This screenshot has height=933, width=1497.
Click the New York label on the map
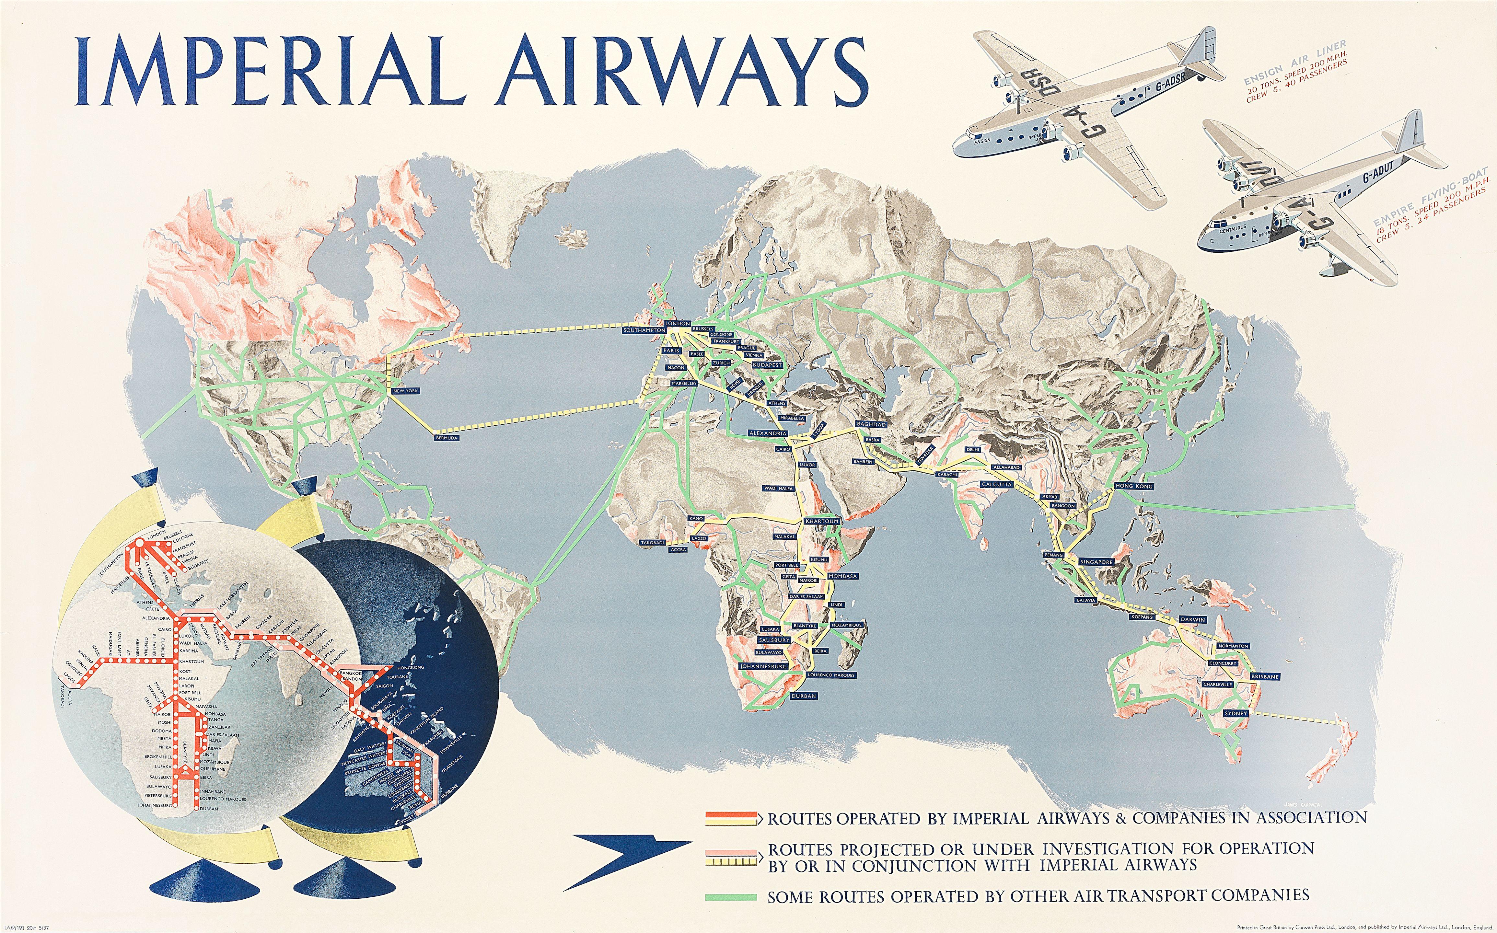pos(405,391)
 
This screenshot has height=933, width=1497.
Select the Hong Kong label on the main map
pos(1134,486)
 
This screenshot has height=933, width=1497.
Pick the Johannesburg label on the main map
pos(763,666)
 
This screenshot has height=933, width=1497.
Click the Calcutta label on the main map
pos(997,484)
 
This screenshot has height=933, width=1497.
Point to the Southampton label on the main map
pos(644,330)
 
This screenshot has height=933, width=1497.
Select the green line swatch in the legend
pos(731,897)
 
